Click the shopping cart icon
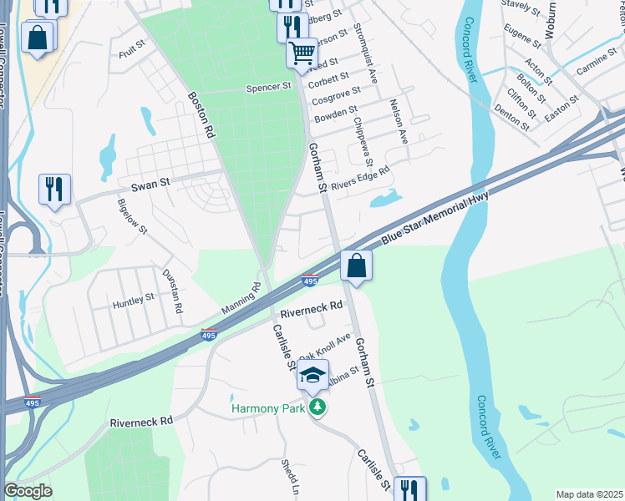pyautogui.click(x=302, y=53)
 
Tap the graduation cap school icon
pyautogui.click(x=313, y=376)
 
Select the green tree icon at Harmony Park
pyautogui.click(x=317, y=407)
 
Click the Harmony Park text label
pyautogui.click(x=269, y=408)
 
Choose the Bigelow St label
pyautogui.click(x=132, y=218)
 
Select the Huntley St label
pyautogui.click(x=134, y=298)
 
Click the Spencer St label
pyautogui.click(x=268, y=86)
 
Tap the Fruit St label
pyautogui.click(x=132, y=53)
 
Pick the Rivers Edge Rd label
pyautogui.click(x=361, y=180)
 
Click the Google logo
pyautogui.click(x=28, y=491)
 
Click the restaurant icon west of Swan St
pyautogui.click(x=54, y=189)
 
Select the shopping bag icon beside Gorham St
pyautogui.click(x=356, y=266)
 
